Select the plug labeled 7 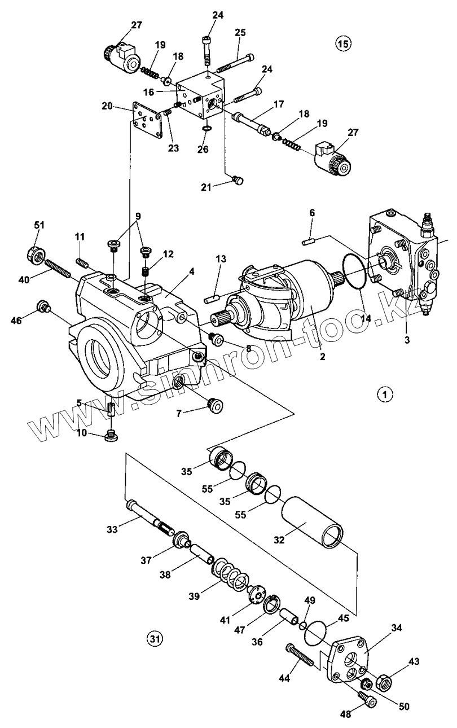(215, 405)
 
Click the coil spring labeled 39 (231, 574)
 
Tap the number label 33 (112, 530)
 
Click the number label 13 (219, 258)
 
